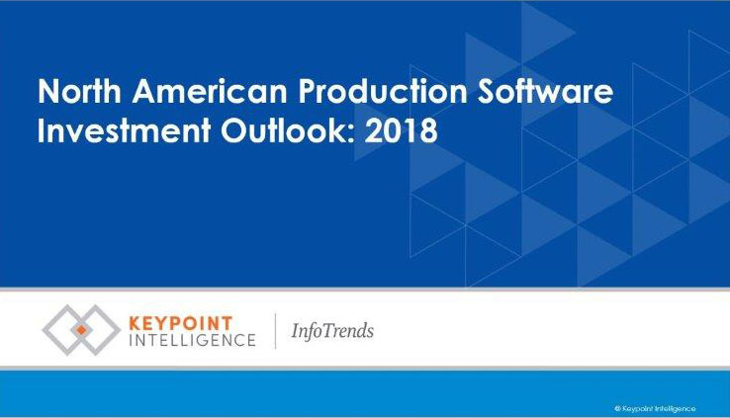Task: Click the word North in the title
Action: [79, 91]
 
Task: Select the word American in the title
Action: [210, 91]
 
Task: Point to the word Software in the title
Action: [546, 91]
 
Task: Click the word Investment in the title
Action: [124, 130]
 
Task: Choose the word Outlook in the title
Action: [284, 130]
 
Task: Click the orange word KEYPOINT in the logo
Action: [180, 323]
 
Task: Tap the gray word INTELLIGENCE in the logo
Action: [192, 340]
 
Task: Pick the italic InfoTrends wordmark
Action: [332, 331]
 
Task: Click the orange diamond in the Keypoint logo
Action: [81, 330]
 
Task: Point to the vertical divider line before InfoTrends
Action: [275, 331]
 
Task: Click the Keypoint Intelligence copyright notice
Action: [655, 409]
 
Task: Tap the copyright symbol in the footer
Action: [617, 409]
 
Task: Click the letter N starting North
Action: [47, 91]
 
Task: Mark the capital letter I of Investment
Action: [41, 130]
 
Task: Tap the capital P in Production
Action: [308, 91]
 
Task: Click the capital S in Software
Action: [487, 91]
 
